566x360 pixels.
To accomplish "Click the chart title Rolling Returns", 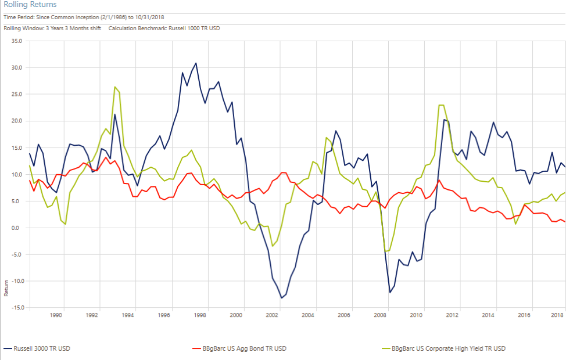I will click(x=30, y=5).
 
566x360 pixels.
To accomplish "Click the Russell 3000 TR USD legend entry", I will click(x=41, y=348).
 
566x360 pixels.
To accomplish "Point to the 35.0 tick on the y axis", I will click(x=16, y=41).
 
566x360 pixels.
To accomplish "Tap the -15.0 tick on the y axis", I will click(x=15, y=307).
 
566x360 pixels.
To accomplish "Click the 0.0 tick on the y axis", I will click(x=17, y=228).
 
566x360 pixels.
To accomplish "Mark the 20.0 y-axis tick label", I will click(x=16, y=121).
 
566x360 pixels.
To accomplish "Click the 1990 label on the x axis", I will click(x=56, y=315).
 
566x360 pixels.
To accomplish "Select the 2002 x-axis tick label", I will click(x=272, y=315).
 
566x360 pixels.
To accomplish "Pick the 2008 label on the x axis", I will click(x=380, y=315).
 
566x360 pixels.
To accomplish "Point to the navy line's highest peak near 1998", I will click(x=196, y=63).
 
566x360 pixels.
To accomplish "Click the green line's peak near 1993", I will click(x=115, y=87).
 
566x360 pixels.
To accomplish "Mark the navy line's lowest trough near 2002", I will click(x=281, y=298).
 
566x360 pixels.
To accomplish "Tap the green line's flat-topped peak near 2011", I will click(x=442, y=105).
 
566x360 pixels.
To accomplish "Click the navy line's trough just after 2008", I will click(x=390, y=292).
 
